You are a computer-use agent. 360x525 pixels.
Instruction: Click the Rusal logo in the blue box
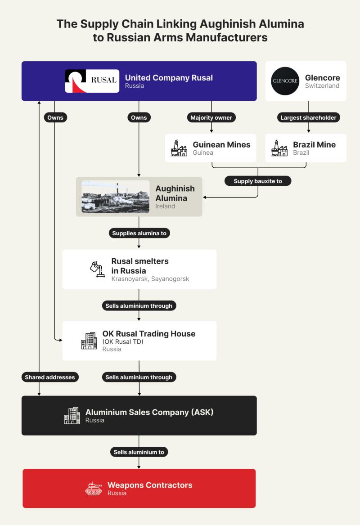pos(92,81)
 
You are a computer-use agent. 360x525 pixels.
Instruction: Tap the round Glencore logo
pos(285,81)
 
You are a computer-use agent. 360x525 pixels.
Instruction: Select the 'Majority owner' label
pos(211,118)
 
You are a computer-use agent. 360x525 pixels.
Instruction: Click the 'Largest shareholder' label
pos(308,118)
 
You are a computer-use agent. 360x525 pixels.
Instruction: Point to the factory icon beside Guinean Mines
pos(179,148)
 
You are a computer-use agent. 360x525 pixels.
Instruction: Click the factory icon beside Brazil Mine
pos(279,148)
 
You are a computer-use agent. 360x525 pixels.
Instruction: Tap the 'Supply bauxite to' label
pos(258,181)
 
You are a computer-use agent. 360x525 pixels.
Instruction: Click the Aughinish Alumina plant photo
pos(115,197)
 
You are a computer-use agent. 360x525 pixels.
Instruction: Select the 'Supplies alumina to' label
pos(139,233)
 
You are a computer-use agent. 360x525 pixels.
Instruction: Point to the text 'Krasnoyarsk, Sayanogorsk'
pos(150,279)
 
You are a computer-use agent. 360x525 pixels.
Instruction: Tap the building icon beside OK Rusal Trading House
pos(89,341)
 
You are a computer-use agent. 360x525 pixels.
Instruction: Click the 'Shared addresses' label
pos(49,377)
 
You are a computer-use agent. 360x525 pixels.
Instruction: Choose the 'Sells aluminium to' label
pos(139,452)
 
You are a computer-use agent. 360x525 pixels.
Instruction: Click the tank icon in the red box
pos(94,489)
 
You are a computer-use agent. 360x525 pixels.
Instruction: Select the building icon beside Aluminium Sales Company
pos(72,416)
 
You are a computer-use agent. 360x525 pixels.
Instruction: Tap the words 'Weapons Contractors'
pos(150,485)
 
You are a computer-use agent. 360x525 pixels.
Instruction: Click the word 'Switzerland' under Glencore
pos(322,86)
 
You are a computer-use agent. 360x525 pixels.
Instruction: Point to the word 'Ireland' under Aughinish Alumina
pos(165,206)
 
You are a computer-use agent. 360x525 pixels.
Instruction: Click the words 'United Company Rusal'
pos(169,78)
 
